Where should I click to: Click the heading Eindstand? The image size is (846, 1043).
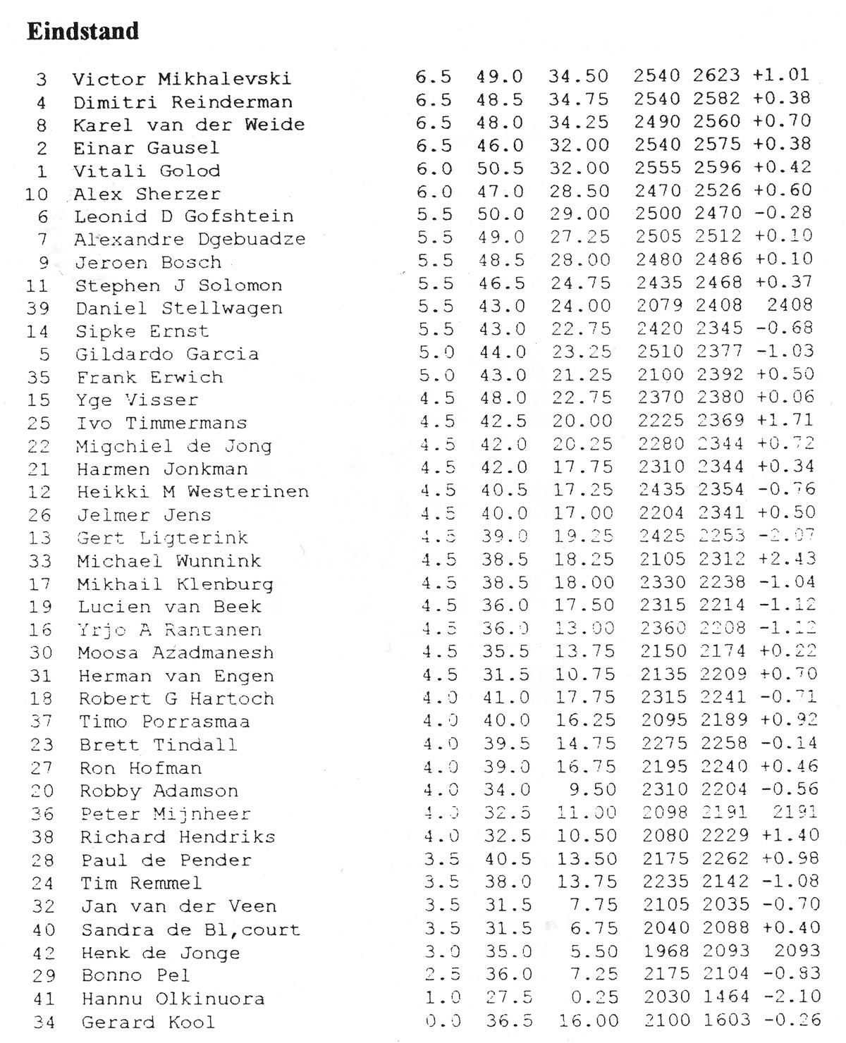click(82, 32)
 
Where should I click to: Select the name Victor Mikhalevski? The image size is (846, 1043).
click(181, 79)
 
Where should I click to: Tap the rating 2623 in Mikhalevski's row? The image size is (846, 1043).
click(716, 75)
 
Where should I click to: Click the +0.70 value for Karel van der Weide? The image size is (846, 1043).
click(782, 121)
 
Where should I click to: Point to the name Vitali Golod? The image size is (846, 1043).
click(147, 171)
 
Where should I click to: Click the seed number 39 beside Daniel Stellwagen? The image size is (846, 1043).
click(37, 309)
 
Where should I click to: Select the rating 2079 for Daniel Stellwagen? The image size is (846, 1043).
click(660, 305)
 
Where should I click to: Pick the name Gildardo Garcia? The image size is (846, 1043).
click(167, 354)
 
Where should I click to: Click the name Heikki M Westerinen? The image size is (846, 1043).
click(192, 492)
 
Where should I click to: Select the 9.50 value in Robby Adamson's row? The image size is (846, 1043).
click(593, 790)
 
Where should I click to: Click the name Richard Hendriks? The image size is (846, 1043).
click(177, 837)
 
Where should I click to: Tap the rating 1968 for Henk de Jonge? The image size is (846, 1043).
click(667, 951)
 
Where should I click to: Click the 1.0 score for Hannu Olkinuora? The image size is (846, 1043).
click(443, 998)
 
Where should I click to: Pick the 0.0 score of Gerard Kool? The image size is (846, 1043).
click(444, 1021)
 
